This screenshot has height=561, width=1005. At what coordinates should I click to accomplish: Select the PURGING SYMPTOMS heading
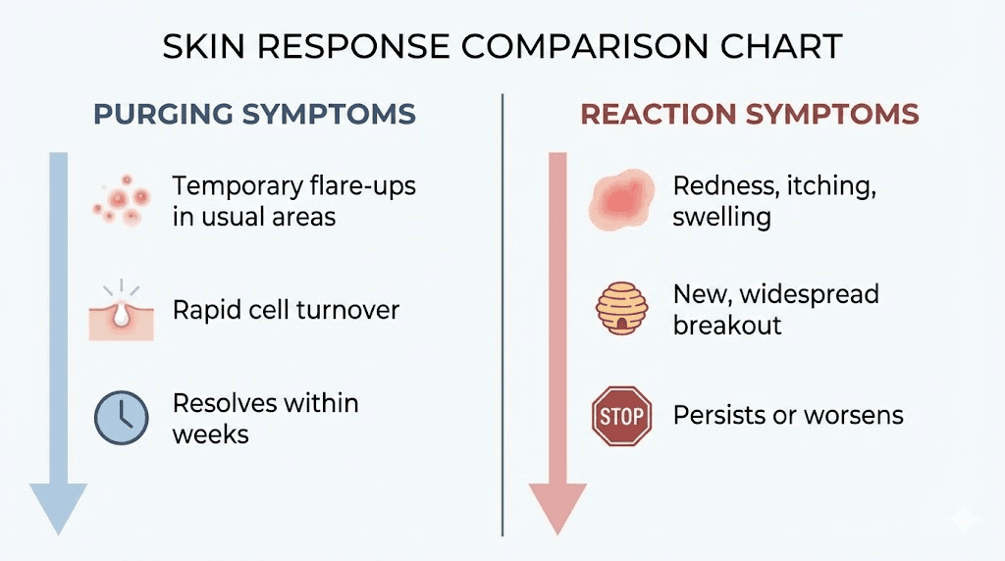[x=254, y=114]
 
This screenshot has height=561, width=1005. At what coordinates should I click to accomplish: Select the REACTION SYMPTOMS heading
[x=750, y=114]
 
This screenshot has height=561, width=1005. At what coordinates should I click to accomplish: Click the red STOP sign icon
[x=621, y=416]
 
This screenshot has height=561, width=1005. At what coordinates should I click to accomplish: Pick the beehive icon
[x=622, y=309]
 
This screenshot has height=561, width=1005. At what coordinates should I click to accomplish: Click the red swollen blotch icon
[x=621, y=200]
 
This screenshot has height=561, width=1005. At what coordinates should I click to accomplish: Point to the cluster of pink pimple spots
[x=121, y=198]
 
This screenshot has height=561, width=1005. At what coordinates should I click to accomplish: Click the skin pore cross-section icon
[x=121, y=313]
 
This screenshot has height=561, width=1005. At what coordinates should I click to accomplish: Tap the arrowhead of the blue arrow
[x=58, y=508]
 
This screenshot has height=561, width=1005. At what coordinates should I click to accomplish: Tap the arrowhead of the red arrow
[x=557, y=508]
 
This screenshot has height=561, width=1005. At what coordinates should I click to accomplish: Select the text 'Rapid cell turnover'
[x=286, y=311]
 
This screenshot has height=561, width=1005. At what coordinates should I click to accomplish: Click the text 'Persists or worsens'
[x=788, y=416]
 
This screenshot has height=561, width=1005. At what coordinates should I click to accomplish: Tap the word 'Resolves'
[x=224, y=403]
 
